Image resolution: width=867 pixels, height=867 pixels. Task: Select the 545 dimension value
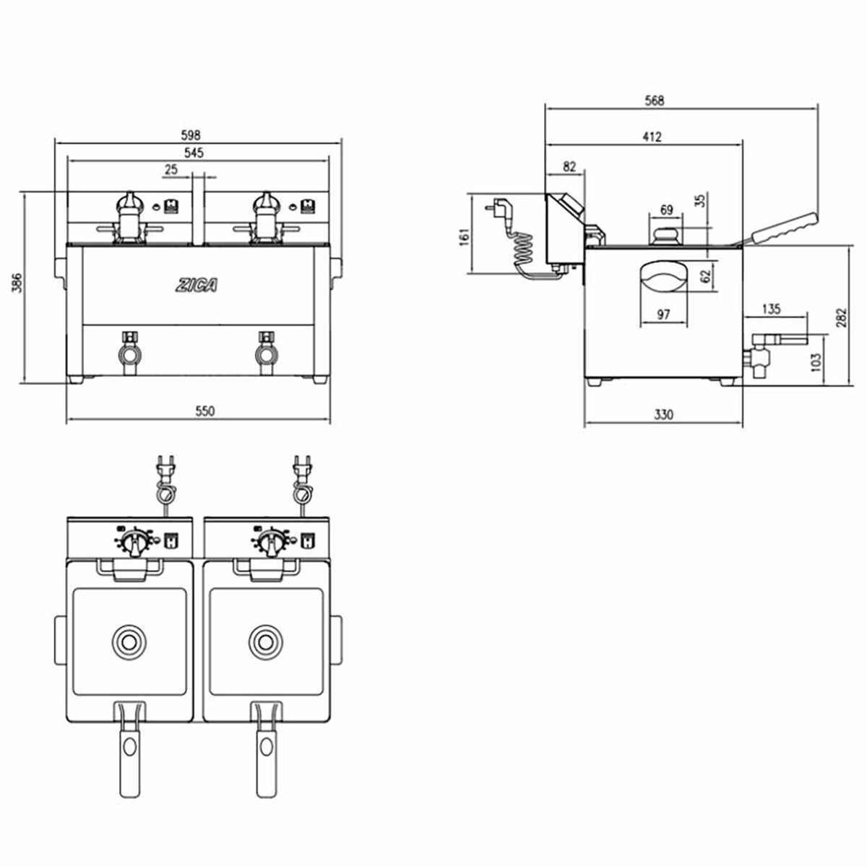[194, 152]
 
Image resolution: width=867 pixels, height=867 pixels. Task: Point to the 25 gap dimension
[171, 169]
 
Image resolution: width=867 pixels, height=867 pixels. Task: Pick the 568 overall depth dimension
[653, 100]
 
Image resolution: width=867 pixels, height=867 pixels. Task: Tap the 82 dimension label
[569, 167]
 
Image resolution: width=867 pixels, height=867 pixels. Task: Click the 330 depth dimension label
[663, 415]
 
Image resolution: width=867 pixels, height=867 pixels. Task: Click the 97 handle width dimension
[665, 314]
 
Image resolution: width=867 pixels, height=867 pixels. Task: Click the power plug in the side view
[501, 209]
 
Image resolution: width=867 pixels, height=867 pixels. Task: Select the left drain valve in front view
[130, 353]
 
